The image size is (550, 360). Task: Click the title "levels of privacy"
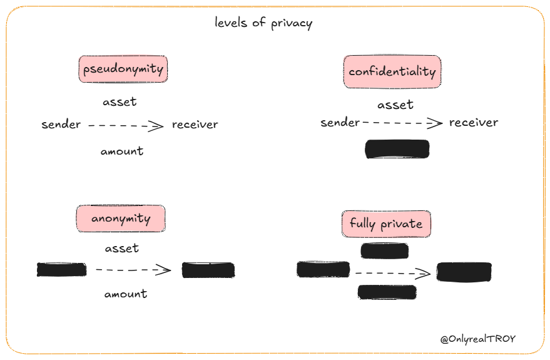[x=263, y=23]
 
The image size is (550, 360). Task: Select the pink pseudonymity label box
[x=123, y=69]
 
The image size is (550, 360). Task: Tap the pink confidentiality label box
[x=392, y=71]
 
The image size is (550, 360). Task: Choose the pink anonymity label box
[x=121, y=219]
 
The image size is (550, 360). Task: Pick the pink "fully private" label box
[x=386, y=224]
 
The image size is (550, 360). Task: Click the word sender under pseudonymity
[x=61, y=125]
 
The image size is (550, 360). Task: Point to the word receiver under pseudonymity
[x=195, y=125]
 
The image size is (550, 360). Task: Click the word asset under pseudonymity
[x=120, y=101]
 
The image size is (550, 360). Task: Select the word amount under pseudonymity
[x=122, y=151]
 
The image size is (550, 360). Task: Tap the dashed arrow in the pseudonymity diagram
[x=126, y=126]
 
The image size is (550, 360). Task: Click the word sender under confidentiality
[x=340, y=123]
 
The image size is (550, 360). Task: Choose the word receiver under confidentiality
[x=474, y=123]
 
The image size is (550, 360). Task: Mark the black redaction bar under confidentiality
[x=397, y=149]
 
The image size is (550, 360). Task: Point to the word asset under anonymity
[x=122, y=249]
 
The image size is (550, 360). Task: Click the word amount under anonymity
[x=126, y=294]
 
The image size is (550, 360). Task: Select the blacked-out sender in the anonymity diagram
[x=62, y=270]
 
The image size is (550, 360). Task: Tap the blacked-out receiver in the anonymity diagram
[x=208, y=270]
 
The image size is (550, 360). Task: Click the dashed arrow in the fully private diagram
[x=392, y=273]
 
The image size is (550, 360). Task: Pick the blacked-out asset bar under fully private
[x=385, y=251]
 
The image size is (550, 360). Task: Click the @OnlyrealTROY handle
[x=478, y=339]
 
